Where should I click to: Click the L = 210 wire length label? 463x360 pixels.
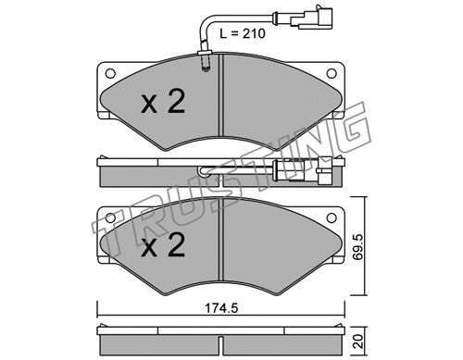tap(243, 33)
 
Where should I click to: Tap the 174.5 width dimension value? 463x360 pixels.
tap(221, 308)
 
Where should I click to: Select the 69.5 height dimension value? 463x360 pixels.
tap(359, 247)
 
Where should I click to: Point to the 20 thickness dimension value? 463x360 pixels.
tap(359, 341)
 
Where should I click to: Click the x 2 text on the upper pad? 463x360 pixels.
tap(163, 101)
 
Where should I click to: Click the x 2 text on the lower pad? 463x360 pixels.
tap(163, 245)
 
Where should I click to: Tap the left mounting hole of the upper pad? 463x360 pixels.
tap(110, 73)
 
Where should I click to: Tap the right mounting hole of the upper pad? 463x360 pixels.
tap(332, 73)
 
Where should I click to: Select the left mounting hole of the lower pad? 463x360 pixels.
tap(110, 217)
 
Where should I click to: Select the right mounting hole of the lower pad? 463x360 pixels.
tap(332, 217)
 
